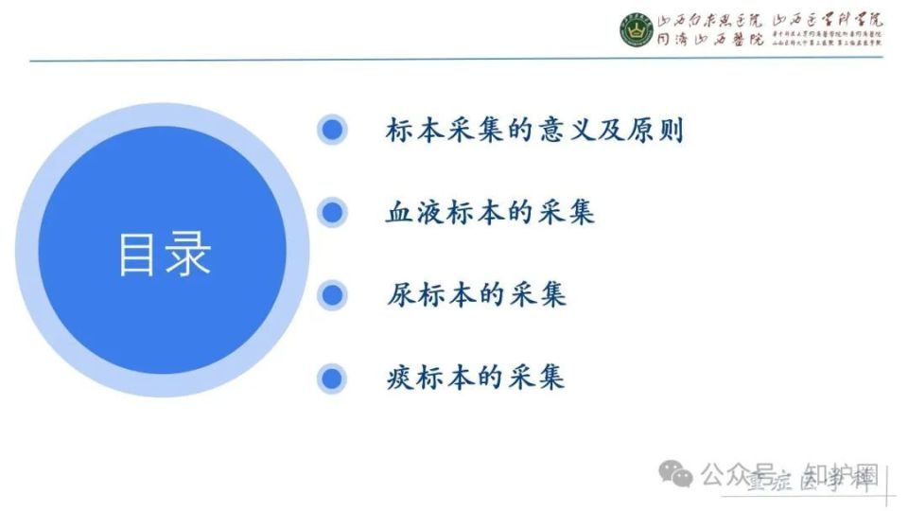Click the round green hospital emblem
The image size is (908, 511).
[636, 30]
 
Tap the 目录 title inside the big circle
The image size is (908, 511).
[165, 253]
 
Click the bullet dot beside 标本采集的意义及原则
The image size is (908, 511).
[331, 130]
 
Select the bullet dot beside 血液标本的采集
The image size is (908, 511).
[331, 213]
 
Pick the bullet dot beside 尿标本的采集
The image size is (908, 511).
[331, 295]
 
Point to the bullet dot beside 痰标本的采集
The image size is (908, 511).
[331, 378]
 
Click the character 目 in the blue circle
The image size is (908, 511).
[138, 253]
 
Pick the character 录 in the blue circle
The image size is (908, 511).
[189, 253]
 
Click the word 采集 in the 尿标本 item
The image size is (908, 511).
[536, 295]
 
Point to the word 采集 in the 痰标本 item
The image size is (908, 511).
[536, 378]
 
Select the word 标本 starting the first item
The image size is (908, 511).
[415, 130]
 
